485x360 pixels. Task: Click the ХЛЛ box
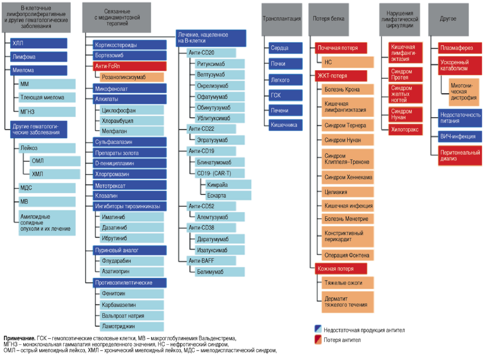pyautogui.click(x=39, y=43)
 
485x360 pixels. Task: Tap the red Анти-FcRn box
pyautogui.click(x=129, y=66)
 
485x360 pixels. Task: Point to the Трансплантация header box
pyautogui.click(x=282, y=19)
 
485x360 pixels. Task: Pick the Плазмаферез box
pyautogui.click(x=459, y=48)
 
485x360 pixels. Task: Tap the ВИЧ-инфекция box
pyautogui.click(x=459, y=136)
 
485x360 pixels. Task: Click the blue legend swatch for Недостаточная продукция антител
pyautogui.click(x=317, y=330)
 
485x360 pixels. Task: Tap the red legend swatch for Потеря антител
pyautogui.click(x=317, y=340)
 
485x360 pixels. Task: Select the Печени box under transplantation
pyautogui.click(x=286, y=110)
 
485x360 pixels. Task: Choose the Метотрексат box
pyautogui.click(x=129, y=185)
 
